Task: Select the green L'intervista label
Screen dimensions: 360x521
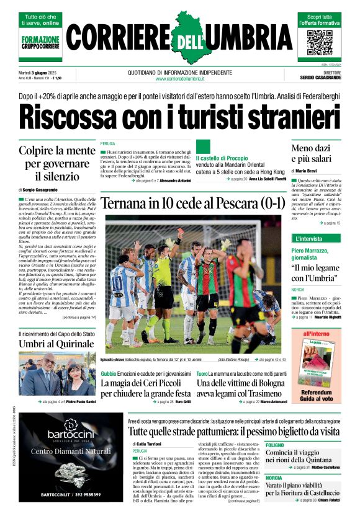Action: click(308, 239)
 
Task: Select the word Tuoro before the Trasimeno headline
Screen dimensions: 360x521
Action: click(202, 374)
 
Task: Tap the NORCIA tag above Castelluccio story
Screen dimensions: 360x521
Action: click(274, 478)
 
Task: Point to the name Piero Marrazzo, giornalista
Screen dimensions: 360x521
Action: click(314, 254)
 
